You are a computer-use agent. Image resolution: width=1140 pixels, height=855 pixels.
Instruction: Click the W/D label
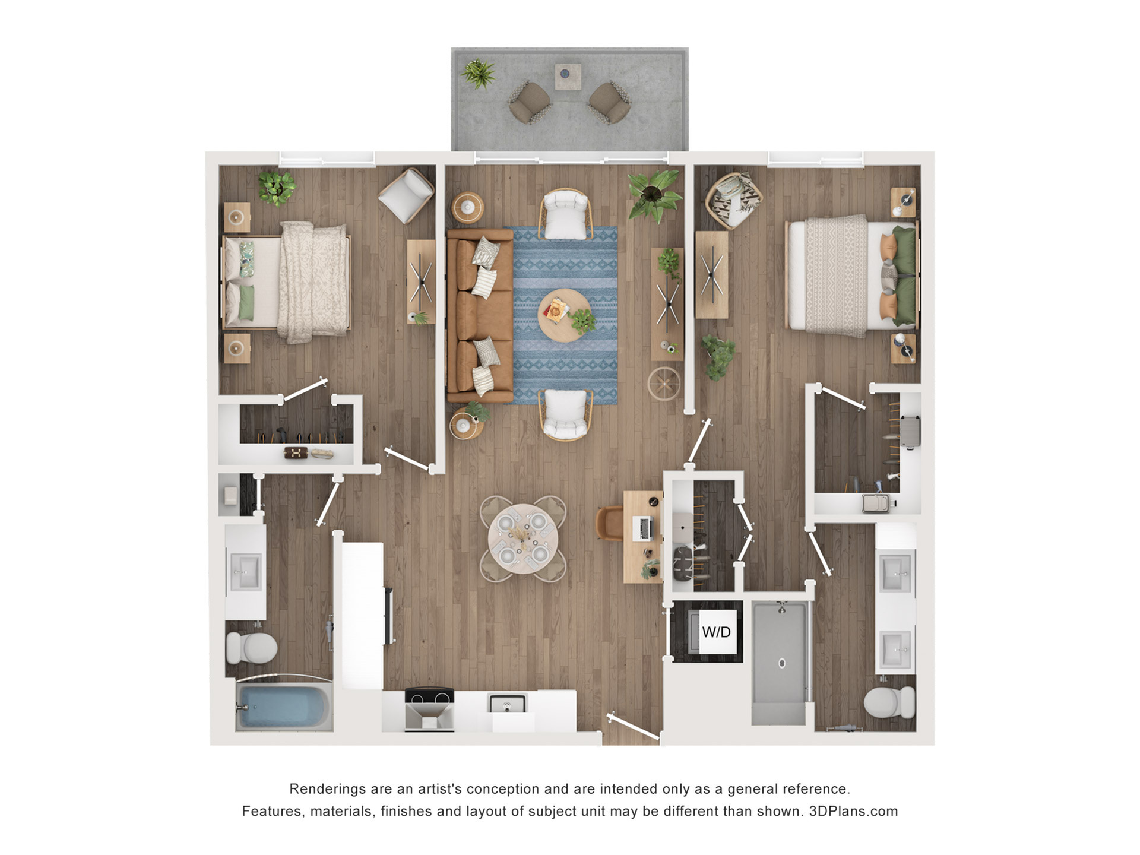[x=716, y=632]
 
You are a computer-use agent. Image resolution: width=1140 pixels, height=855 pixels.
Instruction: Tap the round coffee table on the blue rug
[x=564, y=315]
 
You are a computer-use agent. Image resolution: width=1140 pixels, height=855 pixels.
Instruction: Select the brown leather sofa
[x=480, y=316]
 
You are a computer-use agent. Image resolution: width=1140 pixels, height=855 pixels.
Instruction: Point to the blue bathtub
[x=284, y=706]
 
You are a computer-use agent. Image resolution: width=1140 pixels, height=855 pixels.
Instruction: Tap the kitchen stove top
[x=429, y=695]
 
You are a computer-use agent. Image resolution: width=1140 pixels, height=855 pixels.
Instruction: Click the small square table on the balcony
[x=568, y=77]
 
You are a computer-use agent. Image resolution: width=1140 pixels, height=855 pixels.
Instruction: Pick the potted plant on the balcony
[x=478, y=74]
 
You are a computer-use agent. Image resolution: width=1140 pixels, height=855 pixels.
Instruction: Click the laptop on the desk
[x=644, y=528]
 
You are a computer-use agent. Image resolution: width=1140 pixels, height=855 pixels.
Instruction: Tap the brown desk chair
[x=610, y=523]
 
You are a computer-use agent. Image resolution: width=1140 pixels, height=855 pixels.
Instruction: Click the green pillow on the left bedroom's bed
[x=246, y=302]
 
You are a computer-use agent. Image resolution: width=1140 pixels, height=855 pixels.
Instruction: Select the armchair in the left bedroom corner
[x=406, y=195]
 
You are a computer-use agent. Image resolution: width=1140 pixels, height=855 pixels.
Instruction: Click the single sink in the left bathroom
[x=245, y=572]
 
